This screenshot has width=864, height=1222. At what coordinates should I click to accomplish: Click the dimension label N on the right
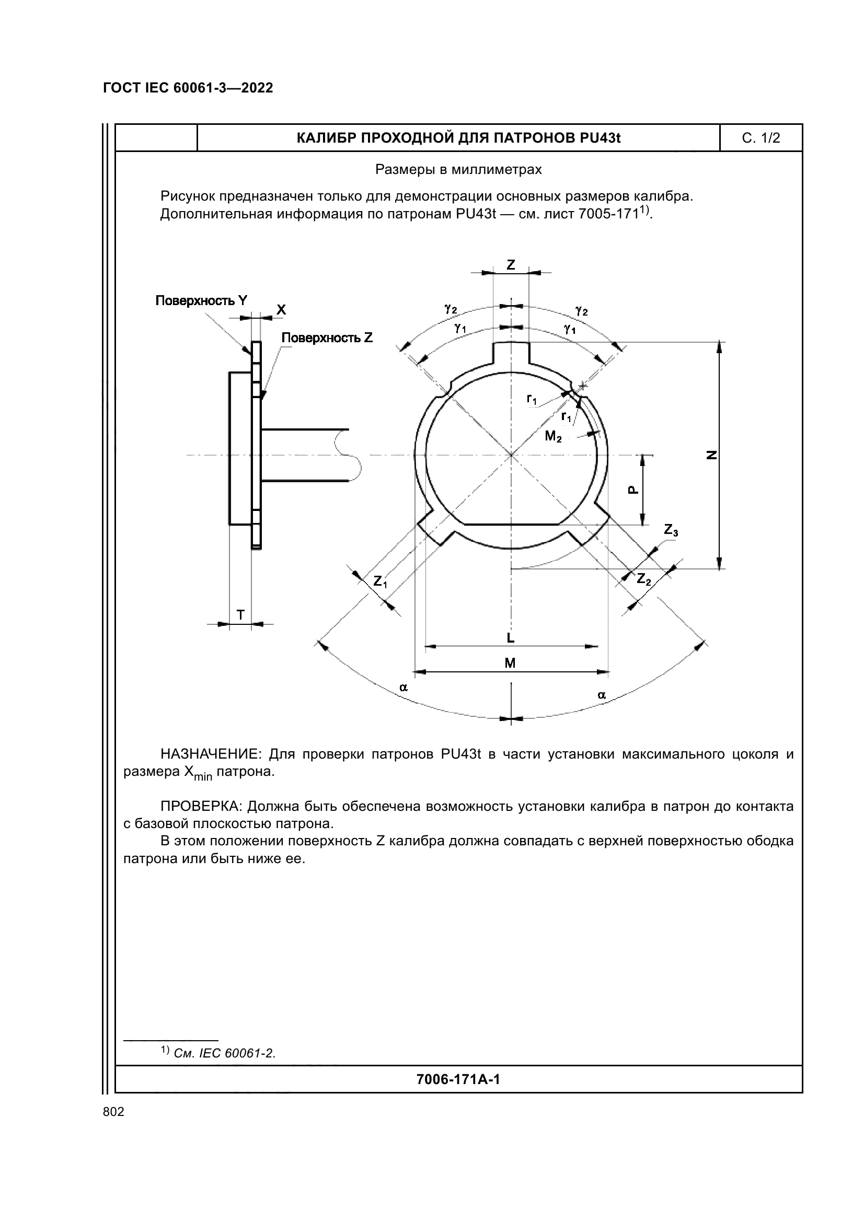(711, 455)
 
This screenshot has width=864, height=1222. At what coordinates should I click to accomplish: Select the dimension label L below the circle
(511, 637)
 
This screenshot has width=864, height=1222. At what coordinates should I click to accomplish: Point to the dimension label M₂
(553, 437)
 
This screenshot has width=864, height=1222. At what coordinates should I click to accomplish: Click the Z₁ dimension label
(380, 581)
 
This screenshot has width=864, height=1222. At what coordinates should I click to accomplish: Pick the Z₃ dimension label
(671, 530)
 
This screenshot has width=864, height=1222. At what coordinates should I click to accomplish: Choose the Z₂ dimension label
(644, 578)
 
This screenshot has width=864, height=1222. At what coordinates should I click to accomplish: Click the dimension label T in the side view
(240, 615)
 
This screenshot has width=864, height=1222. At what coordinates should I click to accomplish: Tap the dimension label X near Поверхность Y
(281, 310)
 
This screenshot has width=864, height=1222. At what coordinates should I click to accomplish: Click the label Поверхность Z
(327, 337)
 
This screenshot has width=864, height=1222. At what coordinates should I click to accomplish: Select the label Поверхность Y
(201, 301)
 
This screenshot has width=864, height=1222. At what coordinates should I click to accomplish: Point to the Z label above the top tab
(511, 264)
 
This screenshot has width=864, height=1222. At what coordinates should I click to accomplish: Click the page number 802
(113, 1111)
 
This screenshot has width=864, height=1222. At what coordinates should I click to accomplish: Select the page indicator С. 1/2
(761, 138)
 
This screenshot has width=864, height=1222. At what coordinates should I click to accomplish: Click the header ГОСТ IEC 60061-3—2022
(188, 88)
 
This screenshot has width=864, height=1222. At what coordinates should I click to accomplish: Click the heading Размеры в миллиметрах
(458, 170)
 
